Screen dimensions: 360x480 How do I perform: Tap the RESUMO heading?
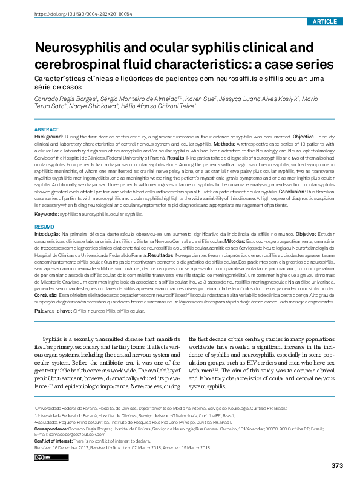pyautogui.click(x=44, y=225)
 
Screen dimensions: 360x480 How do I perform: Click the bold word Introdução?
pyautogui.click(x=47, y=233)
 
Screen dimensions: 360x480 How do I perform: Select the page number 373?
pyautogui.click(x=337, y=465)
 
